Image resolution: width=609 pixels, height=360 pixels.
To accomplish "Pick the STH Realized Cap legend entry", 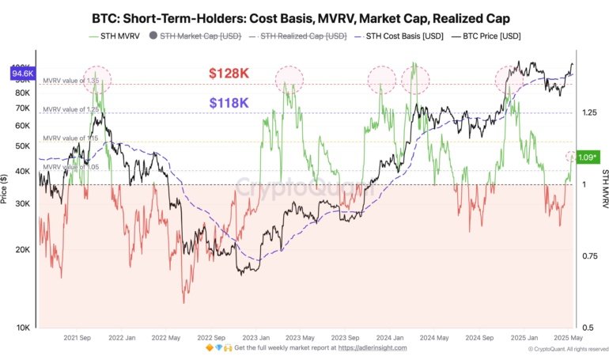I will pos(303,36).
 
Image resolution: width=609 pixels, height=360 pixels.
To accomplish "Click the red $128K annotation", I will pos(229,74).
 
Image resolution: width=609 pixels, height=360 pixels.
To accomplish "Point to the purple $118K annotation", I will pos(229,103).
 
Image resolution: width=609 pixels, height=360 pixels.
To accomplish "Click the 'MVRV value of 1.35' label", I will pos(70,81).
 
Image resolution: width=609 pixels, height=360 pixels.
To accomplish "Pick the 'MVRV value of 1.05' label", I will pos(70,167).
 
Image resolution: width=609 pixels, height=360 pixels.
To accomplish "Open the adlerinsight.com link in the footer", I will pos(373,347).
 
